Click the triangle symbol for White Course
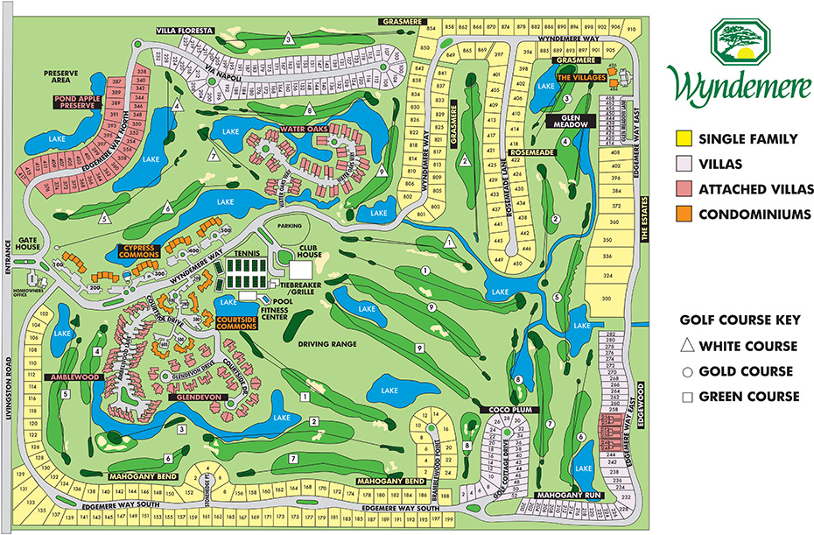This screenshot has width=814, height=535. (x=688, y=346)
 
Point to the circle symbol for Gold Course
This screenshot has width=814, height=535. (x=688, y=371)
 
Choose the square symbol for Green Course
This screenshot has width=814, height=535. (x=688, y=397)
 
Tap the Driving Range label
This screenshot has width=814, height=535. (x=328, y=344)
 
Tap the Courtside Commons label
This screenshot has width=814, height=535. (x=237, y=323)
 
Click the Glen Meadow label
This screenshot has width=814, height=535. (x=572, y=122)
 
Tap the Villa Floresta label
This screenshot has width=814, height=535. (x=185, y=31)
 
